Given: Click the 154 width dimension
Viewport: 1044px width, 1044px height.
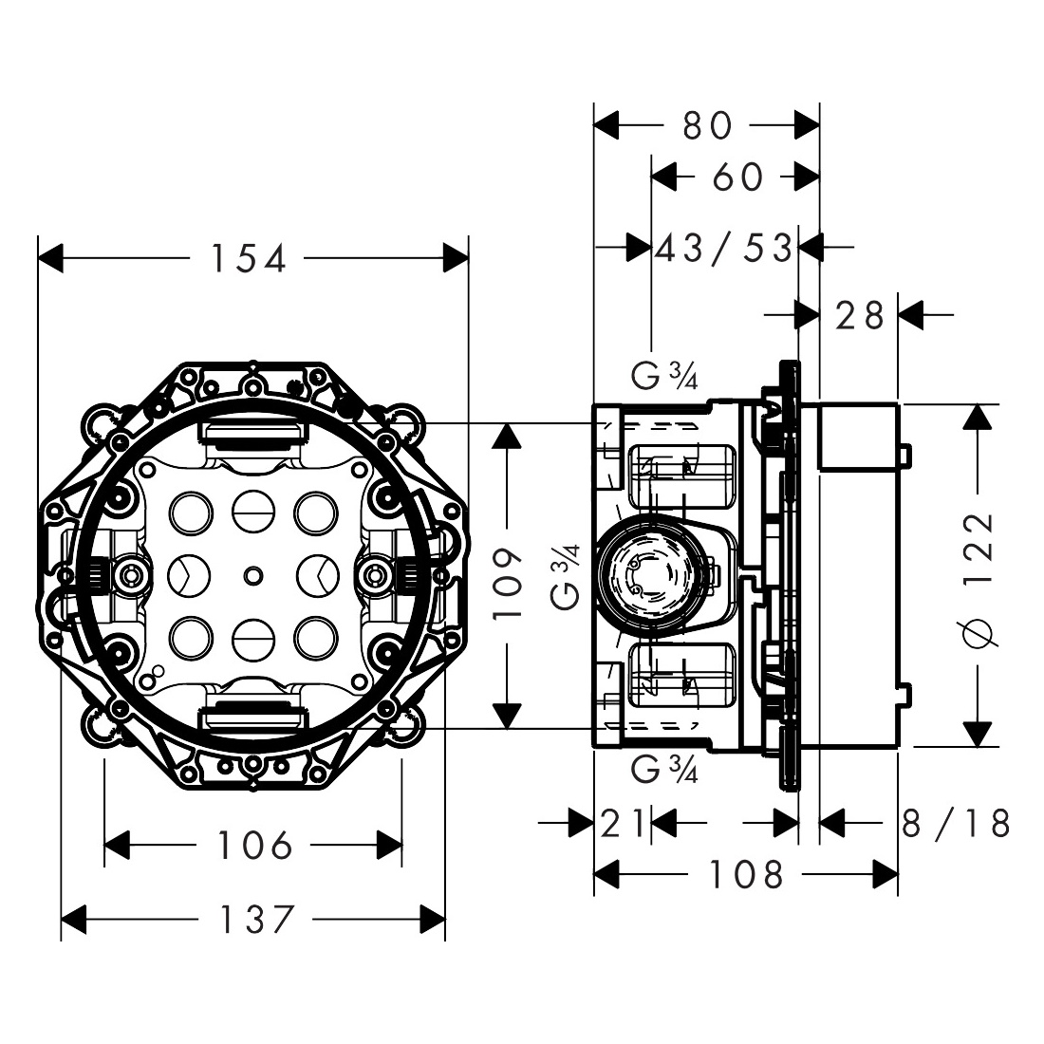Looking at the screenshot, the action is click(x=249, y=258).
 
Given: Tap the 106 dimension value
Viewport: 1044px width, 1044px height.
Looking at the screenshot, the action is click(x=255, y=846).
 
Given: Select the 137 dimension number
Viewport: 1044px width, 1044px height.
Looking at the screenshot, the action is click(x=256, y=920).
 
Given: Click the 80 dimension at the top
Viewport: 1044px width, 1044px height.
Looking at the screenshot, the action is click(x=708, y=125).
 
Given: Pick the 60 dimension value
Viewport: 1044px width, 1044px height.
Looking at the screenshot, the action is click(x=737, y=177).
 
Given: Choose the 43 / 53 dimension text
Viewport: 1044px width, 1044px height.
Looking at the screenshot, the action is click(x=724, y=248).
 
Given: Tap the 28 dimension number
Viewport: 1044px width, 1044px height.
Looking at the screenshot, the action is click(x=860, y=315).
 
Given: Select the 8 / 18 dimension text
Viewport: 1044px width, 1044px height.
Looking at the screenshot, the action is click(x=956, y=823).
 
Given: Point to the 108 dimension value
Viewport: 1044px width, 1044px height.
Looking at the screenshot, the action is click(x=746, y=874).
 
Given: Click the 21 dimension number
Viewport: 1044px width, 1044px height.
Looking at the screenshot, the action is click(x=623, y=823).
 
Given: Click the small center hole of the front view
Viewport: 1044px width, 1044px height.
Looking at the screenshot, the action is click(x=253, y=575).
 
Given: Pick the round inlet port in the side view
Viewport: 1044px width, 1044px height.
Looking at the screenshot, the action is click(x=653, y=572).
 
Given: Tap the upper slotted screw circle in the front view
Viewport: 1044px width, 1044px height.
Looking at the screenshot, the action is click(x=253, y=513).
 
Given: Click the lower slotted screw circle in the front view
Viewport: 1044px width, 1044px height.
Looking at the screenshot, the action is click(x=253, y=637).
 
